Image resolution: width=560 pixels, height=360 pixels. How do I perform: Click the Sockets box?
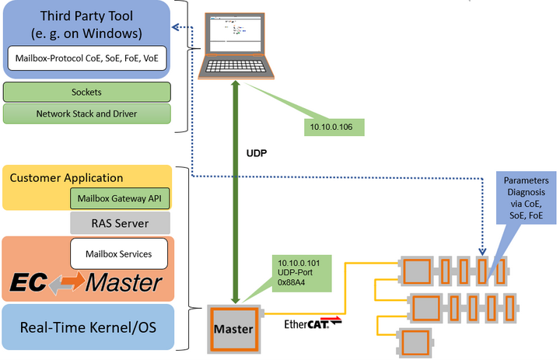click(86, 92)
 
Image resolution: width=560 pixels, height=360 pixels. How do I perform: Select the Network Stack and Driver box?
click(86, 114)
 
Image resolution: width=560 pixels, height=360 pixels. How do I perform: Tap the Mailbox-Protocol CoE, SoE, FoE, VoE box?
click(86, 58)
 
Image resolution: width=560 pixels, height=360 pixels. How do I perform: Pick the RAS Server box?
click(120, 224)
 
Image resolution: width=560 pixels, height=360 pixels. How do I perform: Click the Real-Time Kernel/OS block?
click(88, 326)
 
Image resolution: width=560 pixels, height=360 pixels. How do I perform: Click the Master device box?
click(233, 328)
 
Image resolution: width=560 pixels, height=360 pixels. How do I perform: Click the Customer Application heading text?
click(66, 178)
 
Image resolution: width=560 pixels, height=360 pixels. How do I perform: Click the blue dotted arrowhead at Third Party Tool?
click(175, 27)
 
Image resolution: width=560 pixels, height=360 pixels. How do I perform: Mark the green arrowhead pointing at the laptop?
click(236, 86)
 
